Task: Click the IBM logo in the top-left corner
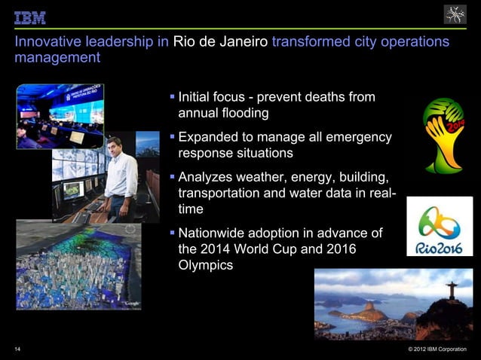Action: tap(30, 17)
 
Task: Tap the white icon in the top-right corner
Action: tap(455, 14)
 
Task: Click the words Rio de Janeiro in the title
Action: tap(220, 41)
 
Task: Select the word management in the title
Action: tap(57, 57)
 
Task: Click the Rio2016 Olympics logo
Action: tap(440, 227)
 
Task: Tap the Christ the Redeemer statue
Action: tap(452, 288)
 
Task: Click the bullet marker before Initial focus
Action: tap(172, 98)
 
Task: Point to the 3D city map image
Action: tap(78, 264)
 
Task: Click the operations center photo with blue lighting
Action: tap(60, 114)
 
